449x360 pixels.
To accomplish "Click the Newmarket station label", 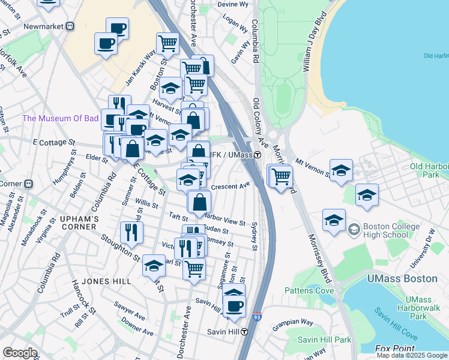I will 43,26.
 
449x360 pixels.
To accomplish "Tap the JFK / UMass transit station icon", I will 257,155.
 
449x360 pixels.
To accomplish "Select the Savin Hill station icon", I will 245,332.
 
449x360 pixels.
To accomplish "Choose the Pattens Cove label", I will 309,290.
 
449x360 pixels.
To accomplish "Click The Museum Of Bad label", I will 60,118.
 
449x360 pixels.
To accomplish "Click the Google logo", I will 20,353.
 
